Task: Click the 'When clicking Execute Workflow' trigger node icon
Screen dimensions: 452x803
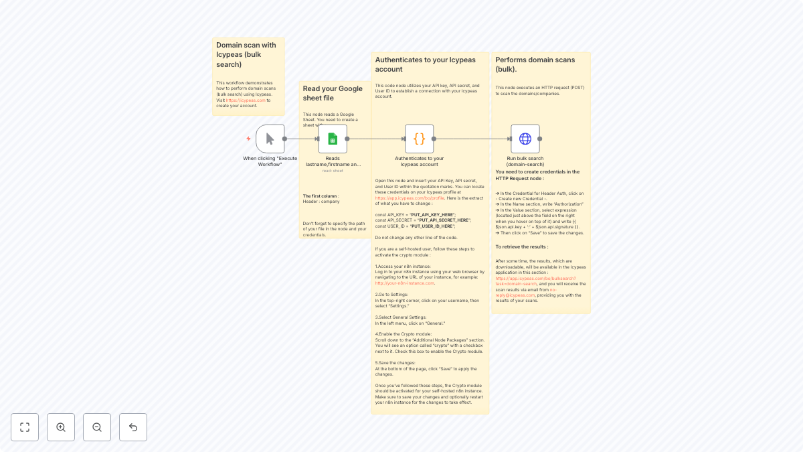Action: (x=270, y=139)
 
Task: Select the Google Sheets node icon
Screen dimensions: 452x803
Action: (x=333, y=139)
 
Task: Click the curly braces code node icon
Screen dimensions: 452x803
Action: (x=419, y=139)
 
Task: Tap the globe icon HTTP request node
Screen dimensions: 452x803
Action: (x=525, y=139)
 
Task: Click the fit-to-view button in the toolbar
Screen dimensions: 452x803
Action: (x=25, y=427)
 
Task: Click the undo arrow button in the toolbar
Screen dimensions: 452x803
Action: (x=133, y=427)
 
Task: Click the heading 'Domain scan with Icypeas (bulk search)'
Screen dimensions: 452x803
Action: (x=246, y=55)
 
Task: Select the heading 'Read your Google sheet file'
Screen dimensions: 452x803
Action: (x=333, y=93)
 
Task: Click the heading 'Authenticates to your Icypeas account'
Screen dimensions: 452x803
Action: (x=425, y=64)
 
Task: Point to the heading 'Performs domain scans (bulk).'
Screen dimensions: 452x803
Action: (x=535, y=64)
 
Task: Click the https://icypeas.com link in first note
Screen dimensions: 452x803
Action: (x=246, y=100)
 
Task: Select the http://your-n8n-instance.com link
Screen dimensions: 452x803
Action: (x=404, y=283)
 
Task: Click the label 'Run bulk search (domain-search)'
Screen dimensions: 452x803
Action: (x=525, y=161)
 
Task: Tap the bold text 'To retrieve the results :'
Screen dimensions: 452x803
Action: (x=521, y=247)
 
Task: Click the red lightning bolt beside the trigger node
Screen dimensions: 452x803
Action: (x=249, y=139)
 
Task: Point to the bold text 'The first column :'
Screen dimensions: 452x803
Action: (x=321, y=196)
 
